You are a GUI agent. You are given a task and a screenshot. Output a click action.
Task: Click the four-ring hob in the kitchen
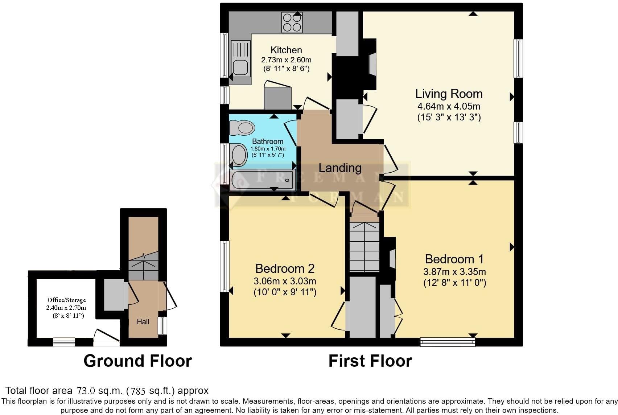(292, 22)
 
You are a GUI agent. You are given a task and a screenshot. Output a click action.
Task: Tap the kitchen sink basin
(240, 68)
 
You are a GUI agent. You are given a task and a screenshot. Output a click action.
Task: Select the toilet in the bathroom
(242, 128)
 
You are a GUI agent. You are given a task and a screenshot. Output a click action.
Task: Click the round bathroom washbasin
(238, 155)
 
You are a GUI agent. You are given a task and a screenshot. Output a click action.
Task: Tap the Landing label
(340, 168)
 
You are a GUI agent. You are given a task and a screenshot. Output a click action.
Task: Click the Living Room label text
(449, 94)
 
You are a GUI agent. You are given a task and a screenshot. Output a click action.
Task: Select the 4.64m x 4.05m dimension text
(449, 106)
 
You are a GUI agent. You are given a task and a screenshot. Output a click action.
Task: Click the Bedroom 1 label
(454, 259)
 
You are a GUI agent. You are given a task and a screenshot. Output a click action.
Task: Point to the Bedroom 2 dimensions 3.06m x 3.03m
(285, 281)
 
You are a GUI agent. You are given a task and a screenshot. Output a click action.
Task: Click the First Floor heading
(370, 361)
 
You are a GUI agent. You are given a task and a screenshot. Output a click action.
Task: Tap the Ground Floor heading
(137, 361)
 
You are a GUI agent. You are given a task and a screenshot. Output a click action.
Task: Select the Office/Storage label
(67, 300)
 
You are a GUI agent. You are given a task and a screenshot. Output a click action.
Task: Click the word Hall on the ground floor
(143, 322)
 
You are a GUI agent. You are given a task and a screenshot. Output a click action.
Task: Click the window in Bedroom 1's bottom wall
(448, 342)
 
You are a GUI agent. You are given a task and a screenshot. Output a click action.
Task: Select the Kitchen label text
(286, 50)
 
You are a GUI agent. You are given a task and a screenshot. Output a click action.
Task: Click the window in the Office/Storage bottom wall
(64, 342)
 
